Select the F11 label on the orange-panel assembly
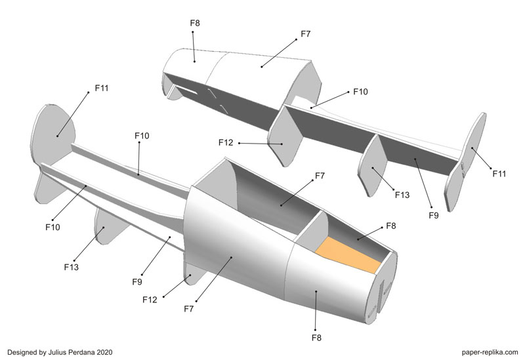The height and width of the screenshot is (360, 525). click(101, 87)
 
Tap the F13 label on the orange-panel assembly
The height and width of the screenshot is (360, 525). click(72, 266)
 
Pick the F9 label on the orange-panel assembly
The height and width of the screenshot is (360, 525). click(136, 282)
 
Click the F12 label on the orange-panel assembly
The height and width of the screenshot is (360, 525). click(150, 300)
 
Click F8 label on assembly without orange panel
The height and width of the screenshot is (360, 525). click(195, 23)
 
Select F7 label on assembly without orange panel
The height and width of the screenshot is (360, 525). click(306, 33)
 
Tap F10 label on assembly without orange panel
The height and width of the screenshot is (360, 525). click(360, 91)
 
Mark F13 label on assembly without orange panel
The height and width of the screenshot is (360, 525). click(402, 194)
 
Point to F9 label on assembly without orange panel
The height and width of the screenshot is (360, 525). click(433, 214)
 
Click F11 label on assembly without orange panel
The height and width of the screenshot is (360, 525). click(499, 173)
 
